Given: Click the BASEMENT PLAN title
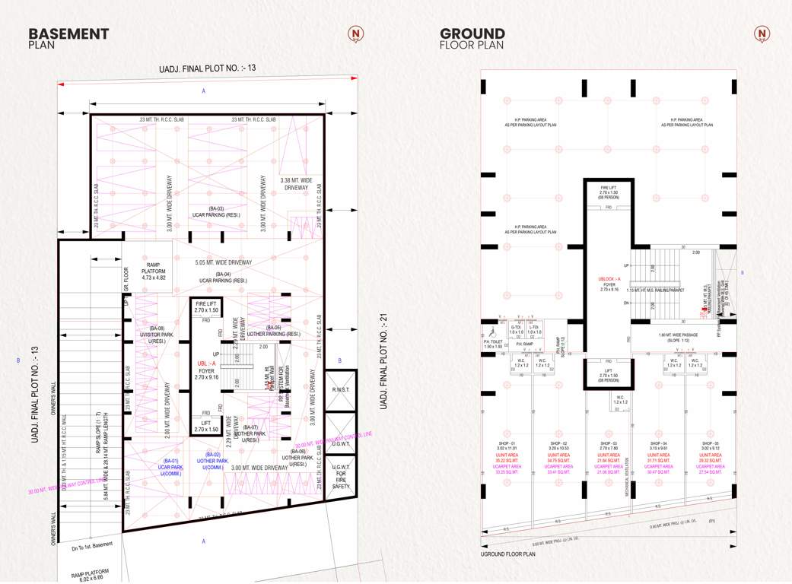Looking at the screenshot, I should pos(68,38).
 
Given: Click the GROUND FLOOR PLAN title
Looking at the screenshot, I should pos(472,38).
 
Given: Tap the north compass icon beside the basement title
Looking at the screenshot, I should pos(355,33).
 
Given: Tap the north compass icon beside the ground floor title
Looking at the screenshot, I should pos(762,33).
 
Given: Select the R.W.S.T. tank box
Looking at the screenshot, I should pos(340,389).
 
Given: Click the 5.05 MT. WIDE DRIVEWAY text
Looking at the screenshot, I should pos(223,263).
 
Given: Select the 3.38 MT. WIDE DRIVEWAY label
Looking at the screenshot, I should pos(296,183).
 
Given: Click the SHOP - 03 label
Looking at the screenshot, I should pos(608,443).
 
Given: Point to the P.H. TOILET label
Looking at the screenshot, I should pos(493,342).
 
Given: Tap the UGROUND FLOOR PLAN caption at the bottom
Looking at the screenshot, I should pos(508,555).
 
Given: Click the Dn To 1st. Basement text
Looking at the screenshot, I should pos(92,544).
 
